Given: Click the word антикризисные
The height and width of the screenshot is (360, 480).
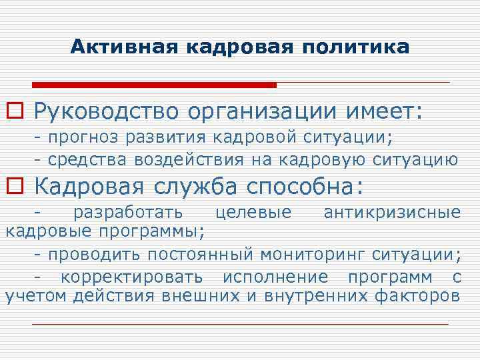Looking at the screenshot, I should [391, 213].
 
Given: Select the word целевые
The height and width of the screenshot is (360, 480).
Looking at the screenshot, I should [254, 213].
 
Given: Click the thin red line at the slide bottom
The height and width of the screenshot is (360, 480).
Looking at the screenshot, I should [240, 324].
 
